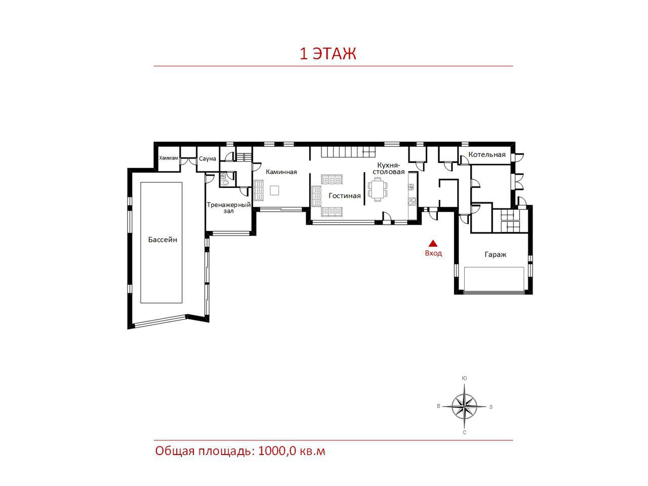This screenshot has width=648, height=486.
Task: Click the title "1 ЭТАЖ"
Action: pyautogui.click(x=328, y=54)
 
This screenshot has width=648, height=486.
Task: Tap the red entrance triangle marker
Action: pyautogui.click(x=433, y=243)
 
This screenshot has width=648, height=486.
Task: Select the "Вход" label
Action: pyautogui.click(x=433, y=253)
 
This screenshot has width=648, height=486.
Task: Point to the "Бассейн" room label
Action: pyautogui.click(x=163, y=239)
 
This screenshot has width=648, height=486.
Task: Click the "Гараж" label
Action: pyautogui.click(x=495, y=254)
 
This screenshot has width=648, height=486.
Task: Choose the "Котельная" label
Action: pyautogui.click(x=487, y=154)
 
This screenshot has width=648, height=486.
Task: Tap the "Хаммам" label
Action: pyautogui.click(x=169, y=158)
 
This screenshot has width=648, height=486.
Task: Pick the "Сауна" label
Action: pyautogui.click(x=207, y=158)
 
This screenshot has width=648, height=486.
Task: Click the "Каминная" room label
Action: pyautogui.click(x=281, y=172)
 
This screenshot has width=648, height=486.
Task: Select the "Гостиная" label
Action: pyautogui.click(x=345, y=195)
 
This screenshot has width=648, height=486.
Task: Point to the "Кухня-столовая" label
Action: pyautogui.click(x=388, y=168)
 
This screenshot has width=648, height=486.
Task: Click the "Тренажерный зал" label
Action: pyautogui.click(x=228, y=208)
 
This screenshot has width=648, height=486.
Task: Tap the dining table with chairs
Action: pyautogui.click(x=378, y=189)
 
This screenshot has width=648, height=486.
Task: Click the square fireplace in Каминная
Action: pyautogui.click(x=274, y=190)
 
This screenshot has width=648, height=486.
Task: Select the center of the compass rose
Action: pyautogui.click(x=464, y=407)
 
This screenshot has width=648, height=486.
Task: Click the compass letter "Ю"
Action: pyautogui.click(x=464, y=378)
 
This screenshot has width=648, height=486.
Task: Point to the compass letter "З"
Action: pyautogui.click(x=491, y=407)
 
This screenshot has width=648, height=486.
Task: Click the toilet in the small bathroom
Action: pyautogui.click(x=225, y=183)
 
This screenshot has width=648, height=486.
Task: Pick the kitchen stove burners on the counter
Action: pyautogui.click(x=412, y=201)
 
